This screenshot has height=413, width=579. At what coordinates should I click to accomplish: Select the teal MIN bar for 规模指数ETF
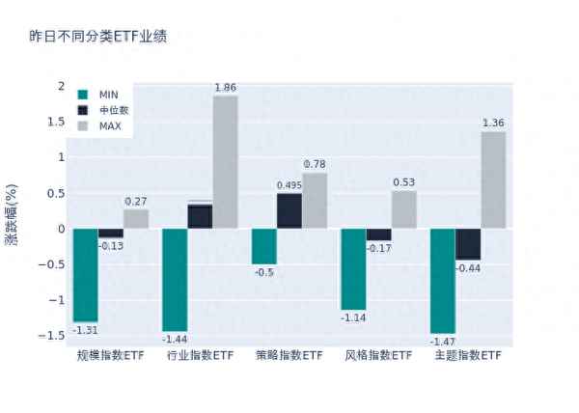point(85,275)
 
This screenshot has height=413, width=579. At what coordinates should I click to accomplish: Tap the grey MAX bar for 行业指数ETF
point(225,162)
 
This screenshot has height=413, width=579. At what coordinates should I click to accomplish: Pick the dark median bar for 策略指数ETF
point(289,211)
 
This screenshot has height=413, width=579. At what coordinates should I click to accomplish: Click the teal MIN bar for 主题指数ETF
point(442,281)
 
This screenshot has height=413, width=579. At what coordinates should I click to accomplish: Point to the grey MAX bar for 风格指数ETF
point(404,209)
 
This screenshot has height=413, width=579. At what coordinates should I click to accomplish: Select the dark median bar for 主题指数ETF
point(468,244)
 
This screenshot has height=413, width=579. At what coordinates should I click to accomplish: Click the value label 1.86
point(225,88)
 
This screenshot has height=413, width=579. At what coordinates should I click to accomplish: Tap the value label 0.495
point(289,185)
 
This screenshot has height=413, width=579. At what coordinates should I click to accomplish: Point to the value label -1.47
point(442,342)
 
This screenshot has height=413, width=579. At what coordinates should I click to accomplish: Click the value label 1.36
point(493,123)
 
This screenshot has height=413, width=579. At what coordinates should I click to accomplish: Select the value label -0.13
point(111,245)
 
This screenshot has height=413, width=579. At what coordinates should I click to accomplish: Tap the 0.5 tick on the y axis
point(56,193)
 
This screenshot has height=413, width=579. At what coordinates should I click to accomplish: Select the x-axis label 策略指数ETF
point(289,356)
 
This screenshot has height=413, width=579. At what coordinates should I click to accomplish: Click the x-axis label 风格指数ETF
point(378,356)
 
